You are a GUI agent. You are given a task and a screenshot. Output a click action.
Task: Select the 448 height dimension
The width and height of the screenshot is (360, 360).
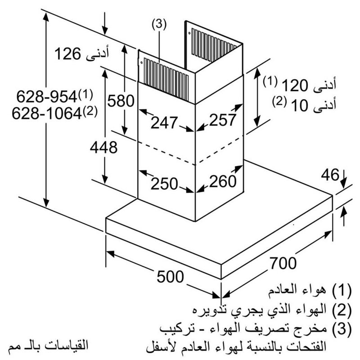[x=103, y=146]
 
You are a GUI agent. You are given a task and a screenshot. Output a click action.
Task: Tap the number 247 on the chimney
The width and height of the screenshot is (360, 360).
[x=165, y=122]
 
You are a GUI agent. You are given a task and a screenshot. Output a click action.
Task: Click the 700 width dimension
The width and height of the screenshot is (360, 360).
[x=283, y=261]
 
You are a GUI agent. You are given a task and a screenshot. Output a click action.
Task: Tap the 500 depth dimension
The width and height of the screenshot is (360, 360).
[x=170, y=276]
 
